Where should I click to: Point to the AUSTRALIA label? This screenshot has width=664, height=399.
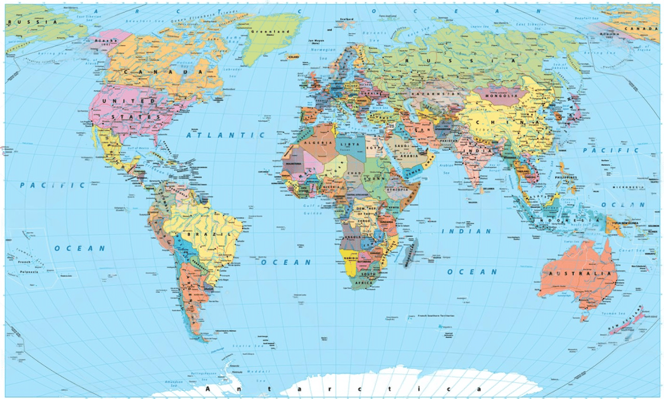point(576,273)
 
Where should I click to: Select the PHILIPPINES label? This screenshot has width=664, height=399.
point(565,177)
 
